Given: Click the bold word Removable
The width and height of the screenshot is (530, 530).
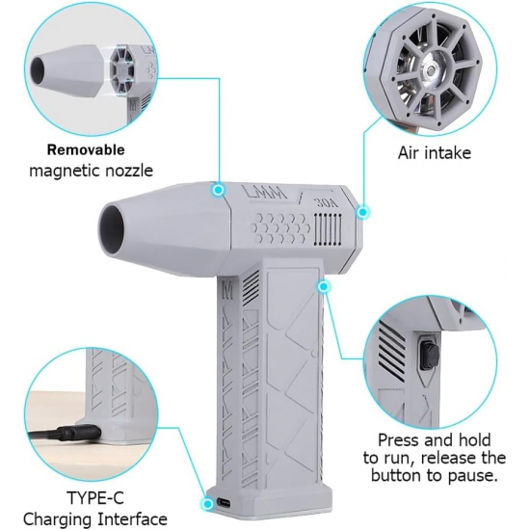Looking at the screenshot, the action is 86,149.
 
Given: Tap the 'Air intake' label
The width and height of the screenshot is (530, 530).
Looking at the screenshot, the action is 435,153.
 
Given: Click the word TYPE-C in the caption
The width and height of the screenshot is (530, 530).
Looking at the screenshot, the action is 95,497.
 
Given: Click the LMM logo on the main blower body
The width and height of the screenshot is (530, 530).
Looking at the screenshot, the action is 265,194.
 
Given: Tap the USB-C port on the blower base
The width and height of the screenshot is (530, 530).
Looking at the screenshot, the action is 225,502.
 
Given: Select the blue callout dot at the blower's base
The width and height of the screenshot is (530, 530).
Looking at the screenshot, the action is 207,504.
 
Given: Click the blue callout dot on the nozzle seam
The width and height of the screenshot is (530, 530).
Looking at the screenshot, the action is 219,190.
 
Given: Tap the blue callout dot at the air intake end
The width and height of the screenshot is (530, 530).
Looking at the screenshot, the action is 362,212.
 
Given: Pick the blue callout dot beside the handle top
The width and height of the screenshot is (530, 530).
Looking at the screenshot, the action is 324,286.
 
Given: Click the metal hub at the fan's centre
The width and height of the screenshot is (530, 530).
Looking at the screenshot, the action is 431,70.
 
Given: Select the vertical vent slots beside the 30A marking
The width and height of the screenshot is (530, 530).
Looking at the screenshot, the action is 326,229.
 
